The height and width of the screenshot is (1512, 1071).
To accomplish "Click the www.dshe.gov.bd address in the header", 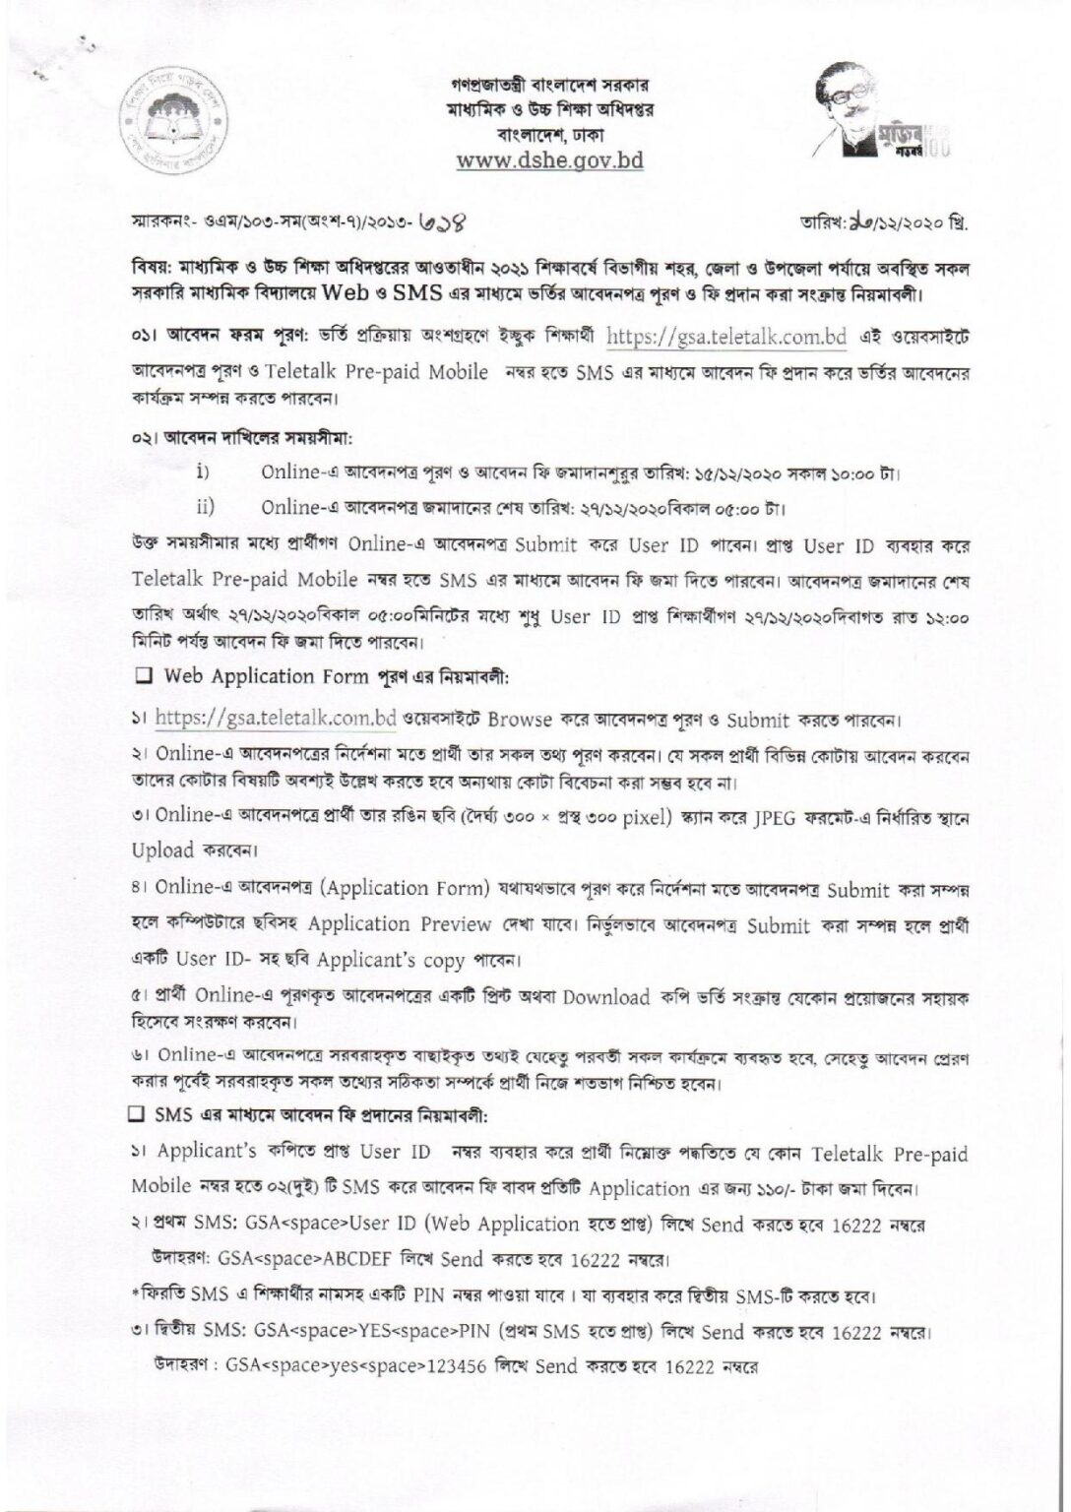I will tap(549, 160).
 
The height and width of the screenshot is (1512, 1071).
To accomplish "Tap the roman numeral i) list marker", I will tap(206, 472).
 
